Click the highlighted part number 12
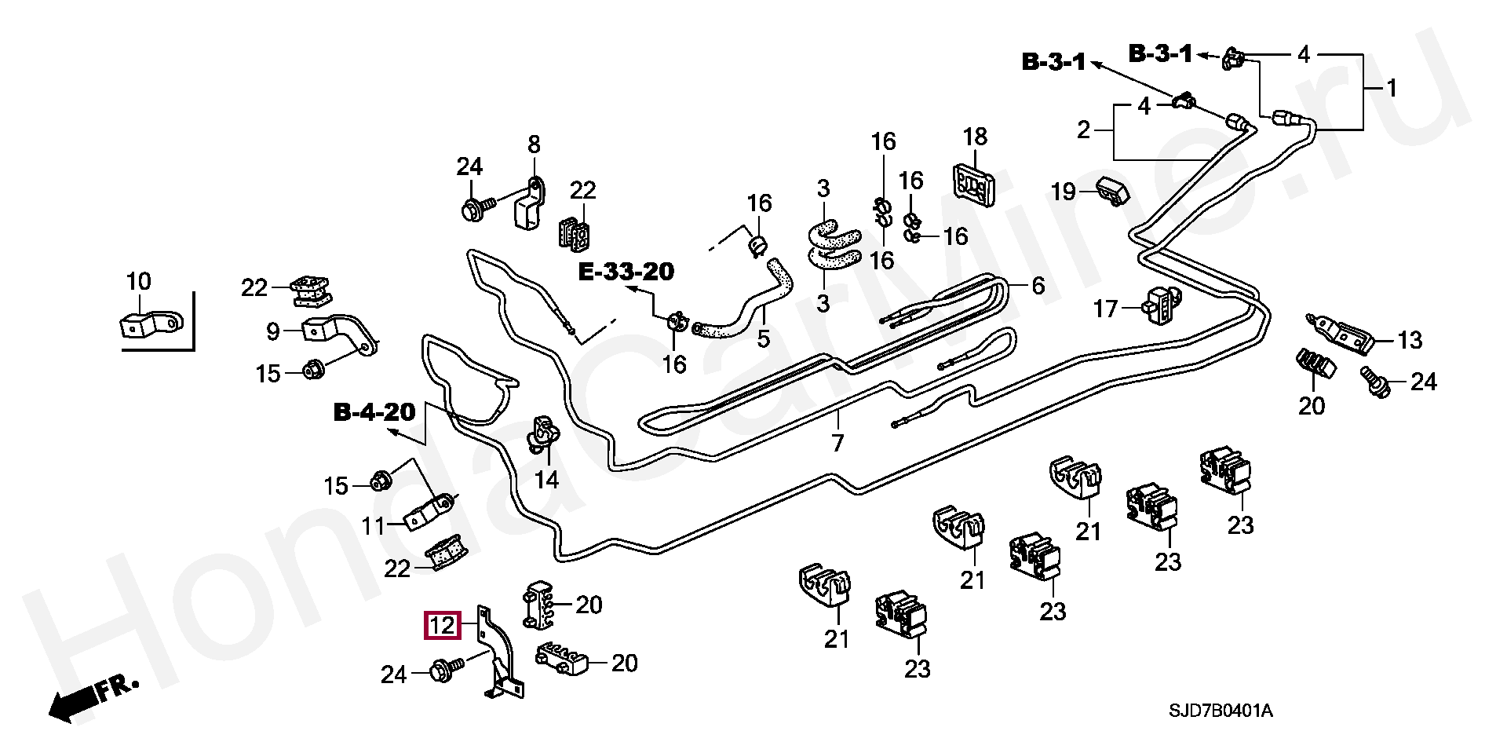[442, 626]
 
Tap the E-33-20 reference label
[626, 272]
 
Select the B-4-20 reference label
[374, 413]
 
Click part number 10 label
[139, 281]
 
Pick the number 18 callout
[976, 137]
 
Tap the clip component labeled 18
[974, 185]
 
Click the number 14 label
[546, 479]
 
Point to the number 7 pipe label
[837, 444]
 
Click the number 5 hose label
[763, 339]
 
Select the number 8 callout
[534, 144]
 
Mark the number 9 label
[272, 331]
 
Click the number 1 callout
[1392, 88]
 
